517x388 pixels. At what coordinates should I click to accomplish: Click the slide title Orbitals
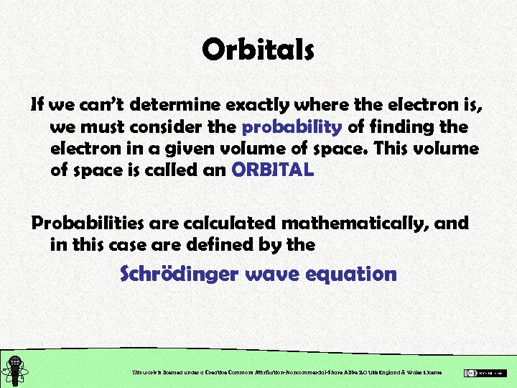coord(258,50)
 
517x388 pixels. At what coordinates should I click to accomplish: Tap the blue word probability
coord(292,128)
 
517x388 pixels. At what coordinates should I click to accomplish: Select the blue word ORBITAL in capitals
coord(272,171)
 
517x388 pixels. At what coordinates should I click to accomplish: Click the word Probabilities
coord(86,223)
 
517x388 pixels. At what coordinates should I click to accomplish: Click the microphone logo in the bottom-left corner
coord(14,371)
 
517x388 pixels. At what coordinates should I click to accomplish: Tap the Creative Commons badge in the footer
coord(485,372)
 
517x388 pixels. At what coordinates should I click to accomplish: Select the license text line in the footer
coord(287,372)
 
